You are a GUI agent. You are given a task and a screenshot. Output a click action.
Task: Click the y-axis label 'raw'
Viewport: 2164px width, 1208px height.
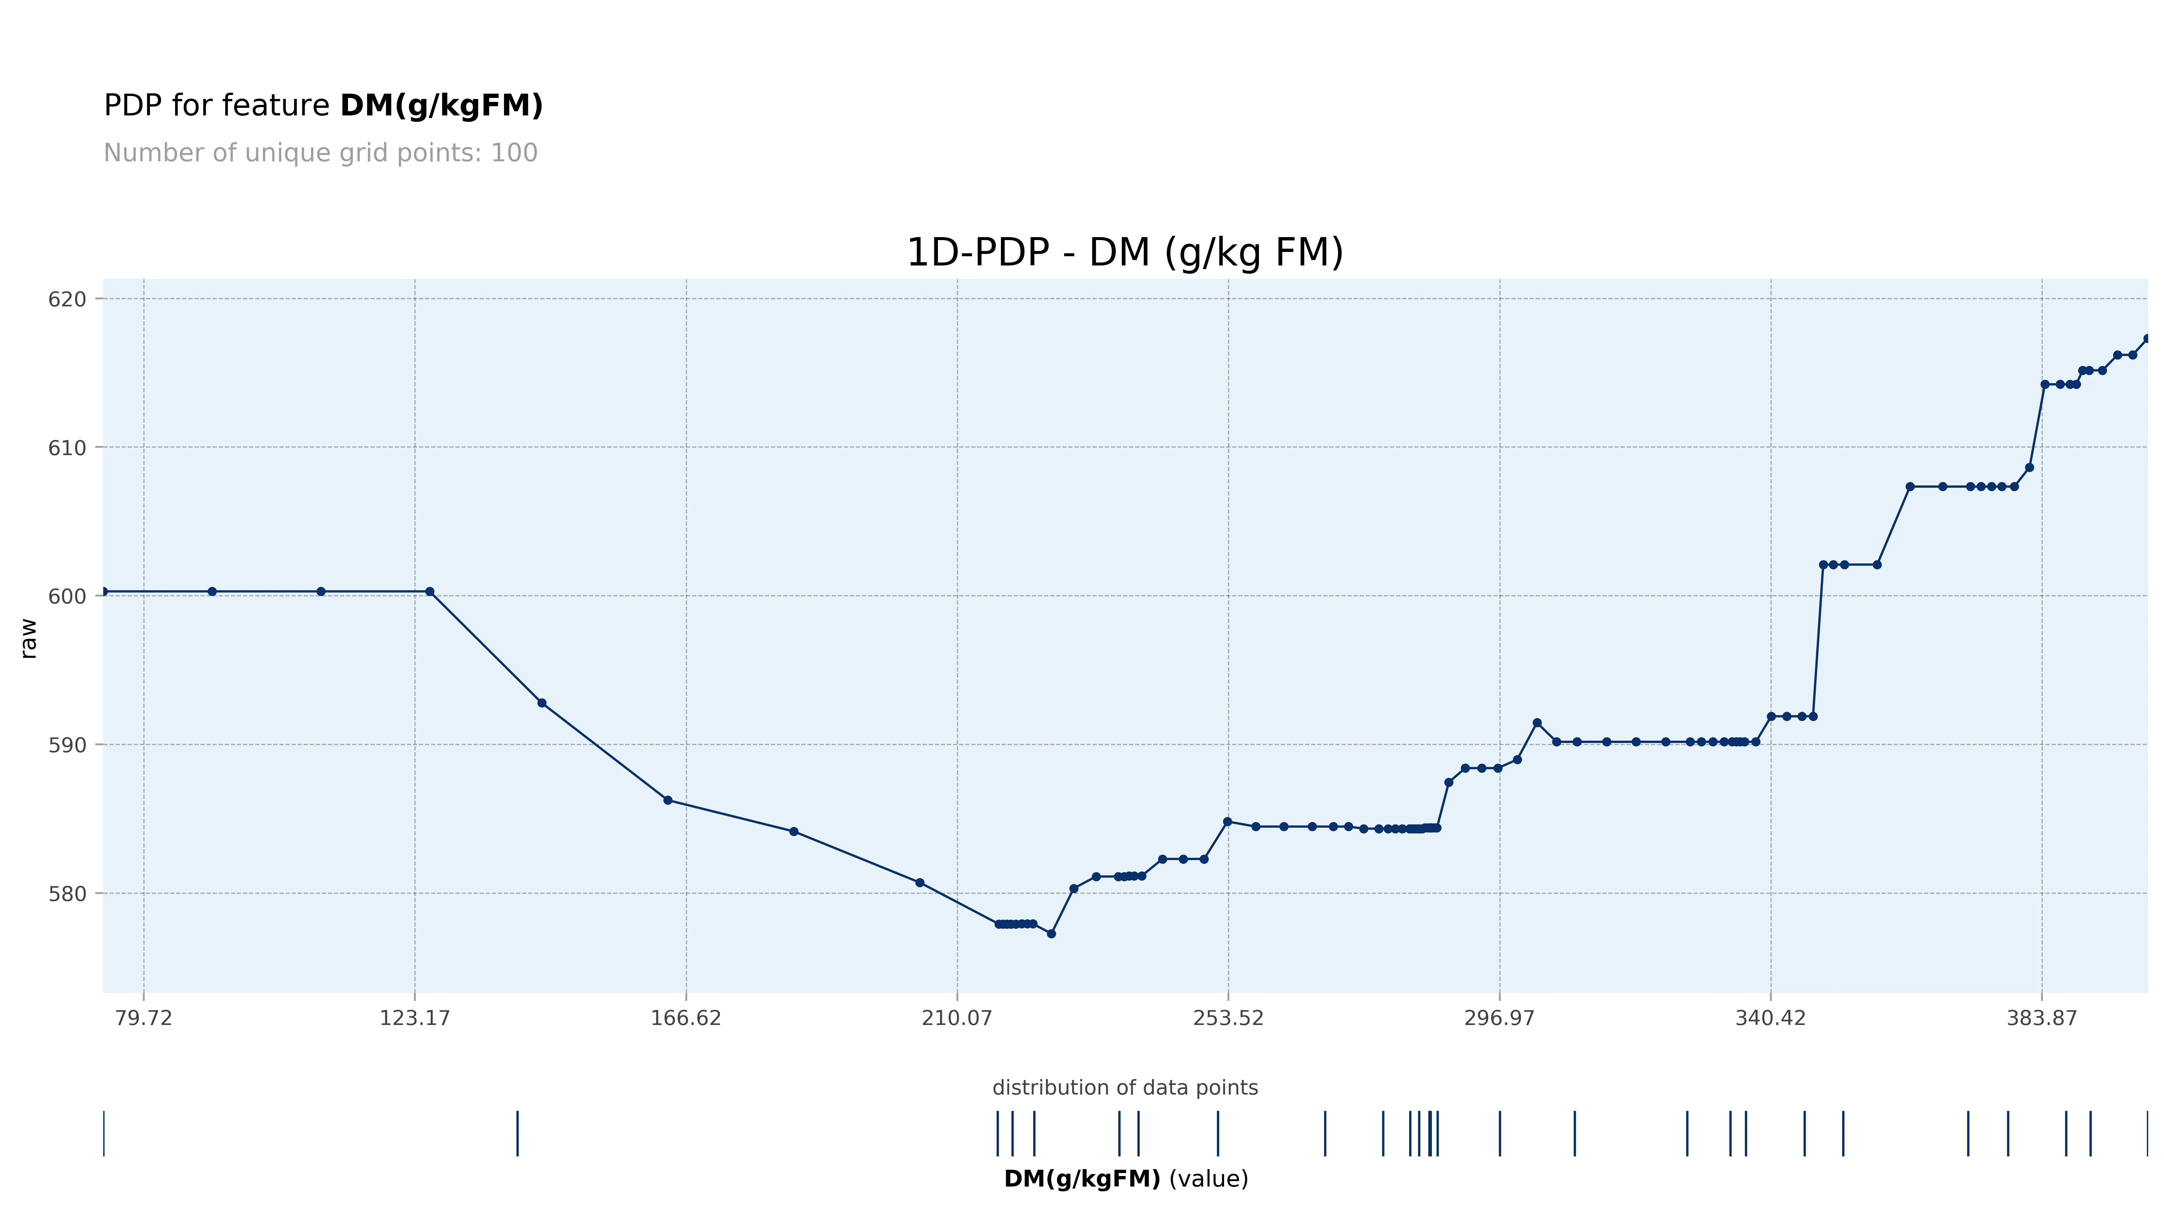point(29,638)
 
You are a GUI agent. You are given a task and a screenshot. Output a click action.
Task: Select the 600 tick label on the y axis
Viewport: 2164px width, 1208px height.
point(67,597)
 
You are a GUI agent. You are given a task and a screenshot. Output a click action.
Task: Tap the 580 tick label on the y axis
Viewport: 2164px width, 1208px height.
point(67,894)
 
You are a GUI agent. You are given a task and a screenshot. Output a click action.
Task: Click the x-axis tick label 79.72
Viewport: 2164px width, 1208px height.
point(144,1018)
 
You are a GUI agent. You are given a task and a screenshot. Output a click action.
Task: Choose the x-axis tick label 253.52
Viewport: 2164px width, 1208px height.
point(1228,1018)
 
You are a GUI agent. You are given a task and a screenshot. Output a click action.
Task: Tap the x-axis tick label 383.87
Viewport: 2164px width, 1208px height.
point(2041,1018)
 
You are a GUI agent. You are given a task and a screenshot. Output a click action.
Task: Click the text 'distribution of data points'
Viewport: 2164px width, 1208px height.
point(1125,1088)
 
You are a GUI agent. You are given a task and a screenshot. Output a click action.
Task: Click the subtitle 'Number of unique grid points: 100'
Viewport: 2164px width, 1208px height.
point(320,153)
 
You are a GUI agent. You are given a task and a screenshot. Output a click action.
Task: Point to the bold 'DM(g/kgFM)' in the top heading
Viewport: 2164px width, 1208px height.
point(441,106)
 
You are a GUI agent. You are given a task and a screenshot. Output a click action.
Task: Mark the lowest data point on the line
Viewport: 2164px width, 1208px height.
point(1051,933)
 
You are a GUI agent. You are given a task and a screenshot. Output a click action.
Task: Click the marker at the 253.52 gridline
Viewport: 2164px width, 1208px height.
point(1227,821)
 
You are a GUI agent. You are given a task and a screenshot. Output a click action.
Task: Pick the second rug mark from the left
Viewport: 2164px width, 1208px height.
point(517,1133)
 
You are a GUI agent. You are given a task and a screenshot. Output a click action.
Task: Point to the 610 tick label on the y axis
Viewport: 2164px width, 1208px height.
point(67,448)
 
